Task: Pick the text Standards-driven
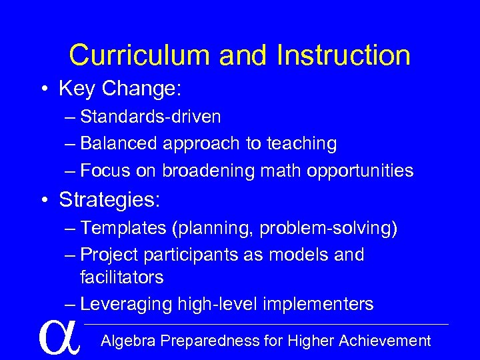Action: [150, 117]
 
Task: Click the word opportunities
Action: [360, 171]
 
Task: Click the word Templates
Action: [123, 228]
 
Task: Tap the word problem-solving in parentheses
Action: [328, 228]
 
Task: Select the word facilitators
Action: [121, 277]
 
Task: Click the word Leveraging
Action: [125, 304]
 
